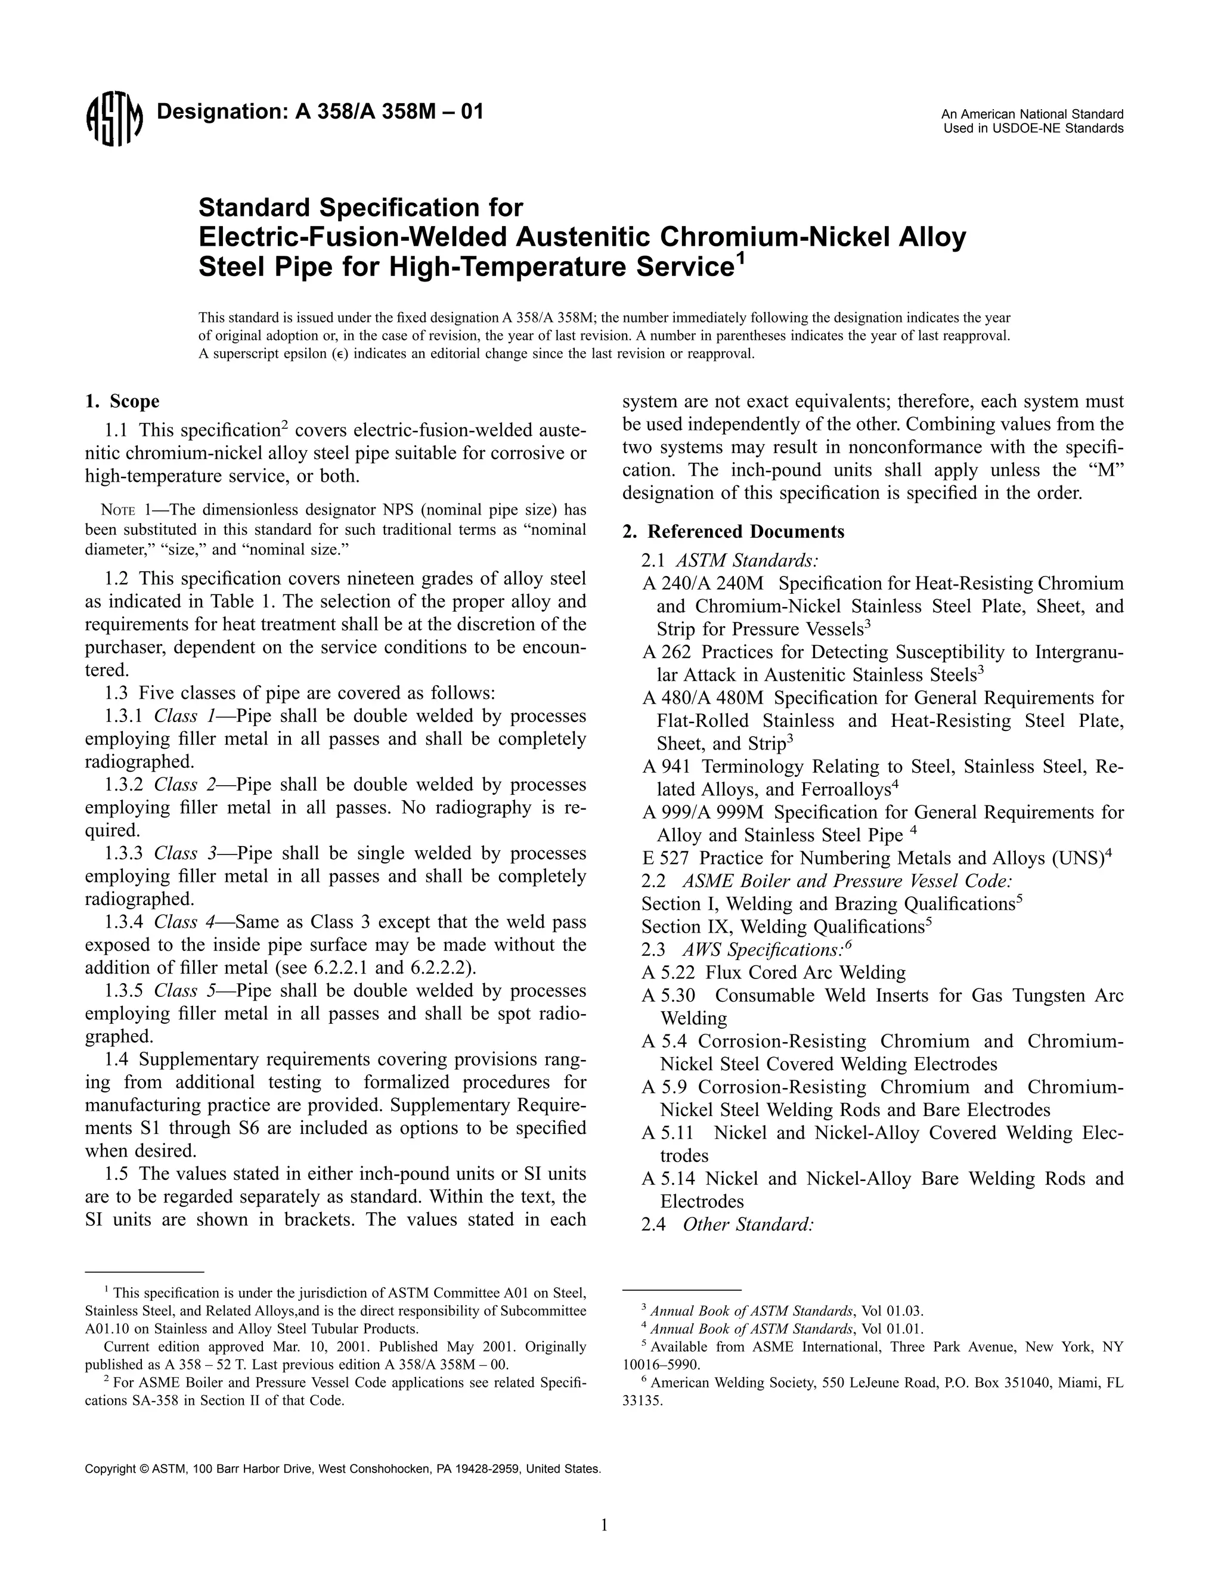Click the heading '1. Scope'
click(122, 401)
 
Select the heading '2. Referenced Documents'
click(733, 532)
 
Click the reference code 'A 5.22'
click(668, 973)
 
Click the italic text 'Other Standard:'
click(749, 1225)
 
